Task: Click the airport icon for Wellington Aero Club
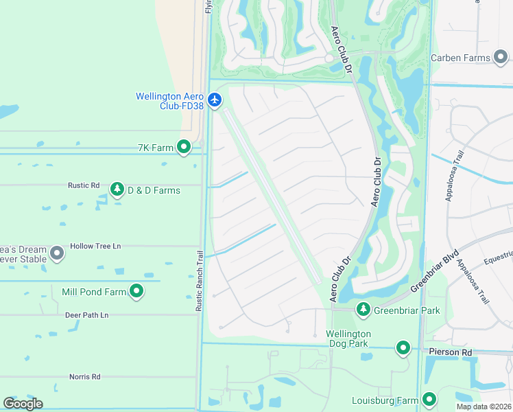[x=215, y=100]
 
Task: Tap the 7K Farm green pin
[x=184, y=147]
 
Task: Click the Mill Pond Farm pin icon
[x=136, y=292]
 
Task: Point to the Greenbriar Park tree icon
[x=363, y=310]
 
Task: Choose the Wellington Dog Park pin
[x=403, y=348]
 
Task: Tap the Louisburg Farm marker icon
[x=429, y=399]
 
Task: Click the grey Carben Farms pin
[x=502, y=58]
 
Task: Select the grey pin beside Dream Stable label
[x=58, y=254]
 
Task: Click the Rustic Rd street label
[x=84, y=185]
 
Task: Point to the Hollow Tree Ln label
[x=95, y=246]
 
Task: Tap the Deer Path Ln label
[x=86, y=315]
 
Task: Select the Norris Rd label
[x=84, y=376]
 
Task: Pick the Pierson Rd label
[x=451, y=352]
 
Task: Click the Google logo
[x=23, y=403]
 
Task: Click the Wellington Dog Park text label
[x=348, y=339]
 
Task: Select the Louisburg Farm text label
[x=385, y=400]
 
